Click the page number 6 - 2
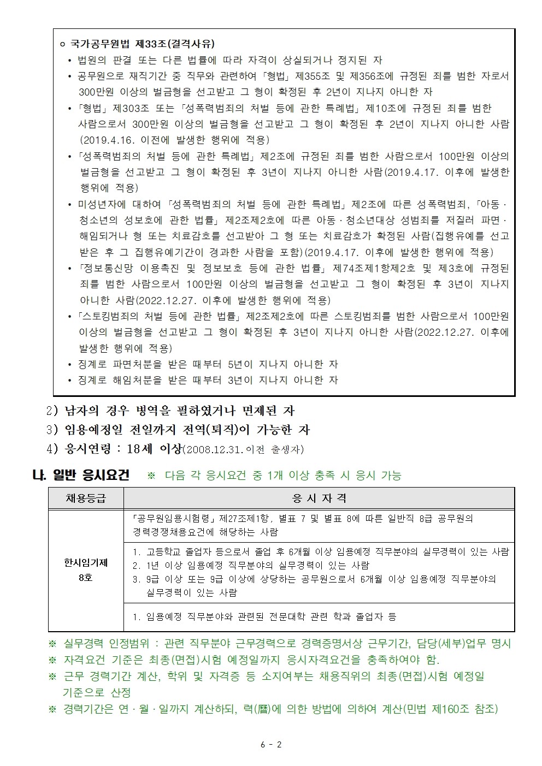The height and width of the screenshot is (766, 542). (x=271, y=744)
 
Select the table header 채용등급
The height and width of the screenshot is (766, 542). (x=86, y=498)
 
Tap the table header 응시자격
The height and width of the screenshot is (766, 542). (x=319, y=498)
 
